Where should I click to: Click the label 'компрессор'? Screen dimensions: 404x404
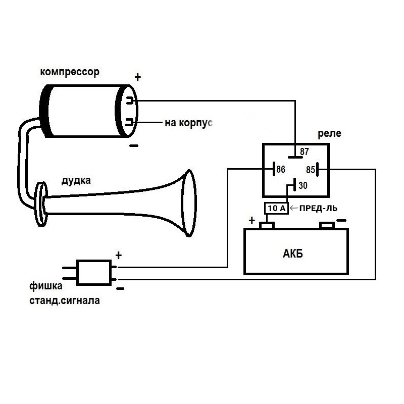(x=70, y=72)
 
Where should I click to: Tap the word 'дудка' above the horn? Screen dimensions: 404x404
(x=76, y=180)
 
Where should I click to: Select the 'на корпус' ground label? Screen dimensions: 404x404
(x=188, y=123)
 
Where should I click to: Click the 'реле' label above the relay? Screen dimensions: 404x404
(x=329, y=134)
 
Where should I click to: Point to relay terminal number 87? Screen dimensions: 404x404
(x=305, y=151)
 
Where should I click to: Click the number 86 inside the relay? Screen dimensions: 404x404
(x=281, y=169)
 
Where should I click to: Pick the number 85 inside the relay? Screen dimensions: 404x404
(x=311, y=170)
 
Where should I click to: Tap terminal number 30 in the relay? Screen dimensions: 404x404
(x=303, y=185)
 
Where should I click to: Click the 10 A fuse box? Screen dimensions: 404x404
(x=276, y=208)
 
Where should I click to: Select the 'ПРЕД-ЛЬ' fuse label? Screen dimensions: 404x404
(x=318, y=208)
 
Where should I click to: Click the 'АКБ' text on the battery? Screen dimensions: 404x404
(x=293, y=254)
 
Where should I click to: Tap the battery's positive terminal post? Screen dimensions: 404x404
(x=267, y=225)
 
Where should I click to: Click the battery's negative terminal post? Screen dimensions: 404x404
(x=327, y=225)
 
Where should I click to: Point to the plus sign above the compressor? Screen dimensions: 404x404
(x=138, y=77)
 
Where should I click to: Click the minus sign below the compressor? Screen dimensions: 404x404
(x=134, y=146)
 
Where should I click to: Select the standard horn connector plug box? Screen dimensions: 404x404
(x=94, y=273)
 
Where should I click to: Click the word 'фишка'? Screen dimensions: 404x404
(x=46, y=286)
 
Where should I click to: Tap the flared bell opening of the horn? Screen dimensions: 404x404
(x=189, y=203)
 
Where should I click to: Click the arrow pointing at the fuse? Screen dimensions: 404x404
(x=294, y=208)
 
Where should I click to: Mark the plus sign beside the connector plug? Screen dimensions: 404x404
(x=119, y=256)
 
